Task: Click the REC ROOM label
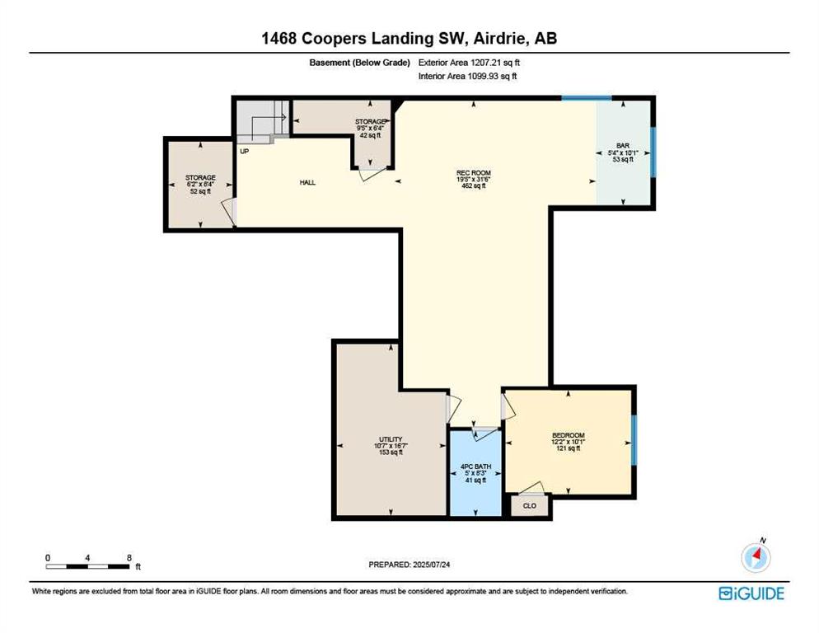click(x=474, y=173)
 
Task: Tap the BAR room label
click(x=623, y=146)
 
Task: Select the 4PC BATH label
click(x=475, y=467)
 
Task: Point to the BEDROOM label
click(x=569, y=435)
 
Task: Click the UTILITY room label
click(x=391, y=439)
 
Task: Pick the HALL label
click(x=307, y=182)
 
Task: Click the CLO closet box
click(x=529, y=505)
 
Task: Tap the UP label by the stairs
click(x=245, y=152)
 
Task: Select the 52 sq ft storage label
click(x=200, y=191)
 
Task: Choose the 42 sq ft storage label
click(x=370, y=135)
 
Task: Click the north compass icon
click(x=756, y=556)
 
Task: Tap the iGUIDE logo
click(x=751, y=593)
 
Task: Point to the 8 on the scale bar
click(x=129, y=558)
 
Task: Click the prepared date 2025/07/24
click(x=432, y=565)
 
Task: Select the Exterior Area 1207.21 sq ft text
click(x=469, y=63)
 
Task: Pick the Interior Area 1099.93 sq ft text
click(x=467, y=77)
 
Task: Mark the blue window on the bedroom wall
click(x=634, y=440)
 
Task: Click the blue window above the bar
click(x=587, y=98)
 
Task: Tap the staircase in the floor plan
click(x=260, y=121)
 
